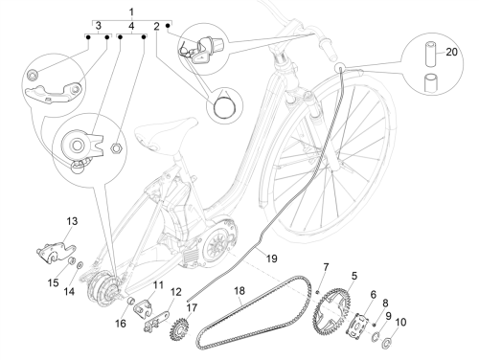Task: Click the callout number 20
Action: click(x=451, y=52)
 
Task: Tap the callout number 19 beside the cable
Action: click(x=271, y=259)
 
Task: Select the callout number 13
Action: click(x=72, y=221)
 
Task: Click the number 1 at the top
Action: click(x=131, y=12)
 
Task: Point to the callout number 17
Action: click(x=192, y=307)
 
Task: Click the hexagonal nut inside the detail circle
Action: click(x=116, y=147)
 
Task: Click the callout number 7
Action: click(x=326, y=267)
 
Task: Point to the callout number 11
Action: click(x=158, y=284)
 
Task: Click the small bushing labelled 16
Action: click(x=130, y=302)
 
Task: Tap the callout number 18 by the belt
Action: click(x=239, y=290)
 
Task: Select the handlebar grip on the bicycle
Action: click(x=328, y=48)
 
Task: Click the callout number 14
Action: click(x=70, y=291)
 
